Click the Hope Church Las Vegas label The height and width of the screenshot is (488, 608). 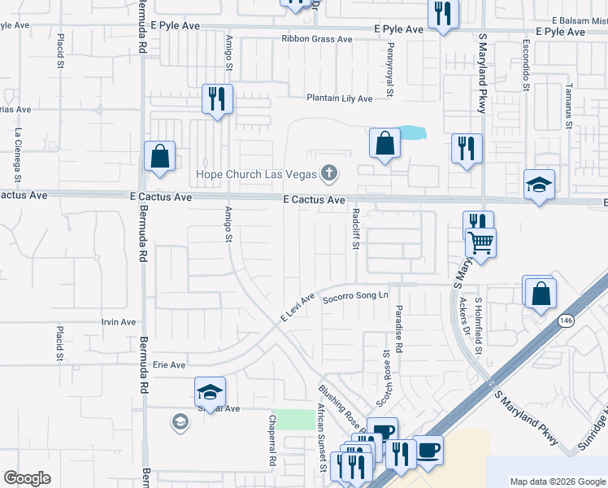pyautogui.click(x=258, y=174)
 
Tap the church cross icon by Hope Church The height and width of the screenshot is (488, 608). pyautogui.click(x=328, y=172)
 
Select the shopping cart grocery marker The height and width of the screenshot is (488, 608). pyautogui.click(x=480, y=242)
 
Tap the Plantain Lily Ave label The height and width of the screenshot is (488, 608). pyautogui.click(x=339, y=98)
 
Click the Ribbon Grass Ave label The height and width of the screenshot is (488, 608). pyautogui.click(x=317, y=39)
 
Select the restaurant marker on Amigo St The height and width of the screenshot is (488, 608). pyautogui.click(x=217, y=98)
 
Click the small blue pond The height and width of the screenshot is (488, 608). pyautogui.click(x=412, y=132)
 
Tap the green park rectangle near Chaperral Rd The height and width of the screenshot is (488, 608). pyautogui.click(x=302, y=420)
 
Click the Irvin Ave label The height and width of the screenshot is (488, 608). pyautogui.click(x=119, y=322)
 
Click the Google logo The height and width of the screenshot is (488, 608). pyautogui.click(x=28, y=478)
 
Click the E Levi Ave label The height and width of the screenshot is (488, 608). pyautogui.click(x=297, y=307)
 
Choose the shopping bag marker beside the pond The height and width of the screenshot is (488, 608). pyautogui.click(x=385, y=144)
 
